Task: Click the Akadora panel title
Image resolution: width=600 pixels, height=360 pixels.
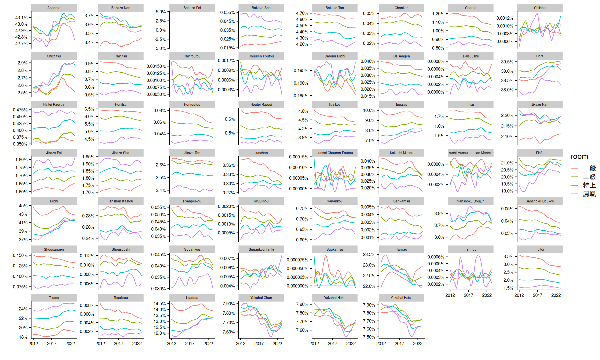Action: [54, 8]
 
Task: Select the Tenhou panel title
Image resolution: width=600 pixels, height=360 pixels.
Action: [470, 249]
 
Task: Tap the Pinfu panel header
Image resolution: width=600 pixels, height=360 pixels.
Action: [540, 153]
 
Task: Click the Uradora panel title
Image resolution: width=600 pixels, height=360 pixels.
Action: [192, 298]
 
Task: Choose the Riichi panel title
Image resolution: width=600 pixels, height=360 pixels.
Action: [54, 201]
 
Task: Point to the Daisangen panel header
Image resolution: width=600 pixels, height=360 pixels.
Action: [401, 56]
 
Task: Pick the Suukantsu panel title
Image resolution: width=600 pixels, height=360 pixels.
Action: [334, 249]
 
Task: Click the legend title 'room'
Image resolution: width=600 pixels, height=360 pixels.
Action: [579, 156]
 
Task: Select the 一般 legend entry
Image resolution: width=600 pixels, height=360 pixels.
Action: [589, 168]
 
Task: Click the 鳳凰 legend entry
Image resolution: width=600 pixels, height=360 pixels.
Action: [589, 194]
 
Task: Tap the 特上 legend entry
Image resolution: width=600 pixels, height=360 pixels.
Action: [589, 185]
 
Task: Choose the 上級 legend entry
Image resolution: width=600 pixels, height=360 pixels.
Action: [589, 177]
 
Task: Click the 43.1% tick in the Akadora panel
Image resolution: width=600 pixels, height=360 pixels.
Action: [21, 18]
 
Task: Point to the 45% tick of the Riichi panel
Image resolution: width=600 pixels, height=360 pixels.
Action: [23, 206]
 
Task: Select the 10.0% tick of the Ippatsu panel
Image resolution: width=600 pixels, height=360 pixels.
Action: [369, 110]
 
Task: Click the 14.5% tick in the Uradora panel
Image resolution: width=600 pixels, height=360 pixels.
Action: [160, 304]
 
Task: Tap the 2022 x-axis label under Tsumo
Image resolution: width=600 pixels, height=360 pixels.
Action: [70, 343]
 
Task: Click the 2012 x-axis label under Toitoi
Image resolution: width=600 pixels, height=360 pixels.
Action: [519, 295]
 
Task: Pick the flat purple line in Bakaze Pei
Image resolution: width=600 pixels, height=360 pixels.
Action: [192, 30]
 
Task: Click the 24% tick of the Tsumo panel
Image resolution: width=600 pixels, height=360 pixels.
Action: [23, 309]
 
